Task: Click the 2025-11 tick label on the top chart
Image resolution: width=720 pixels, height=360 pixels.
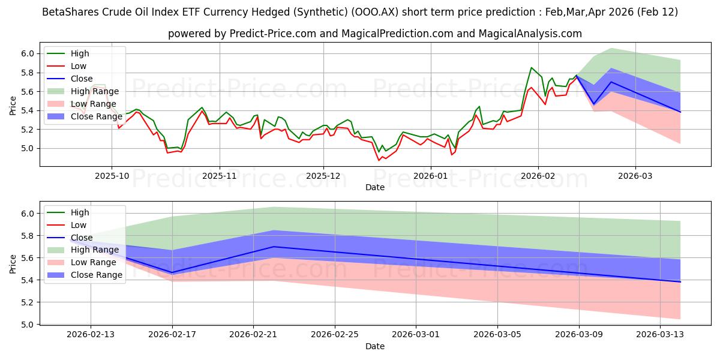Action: (x=220, y=176)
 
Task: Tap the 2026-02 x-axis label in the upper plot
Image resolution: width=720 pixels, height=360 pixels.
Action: (x=538, y=176)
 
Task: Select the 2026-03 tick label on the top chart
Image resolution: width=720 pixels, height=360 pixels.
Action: (x=635, y=176)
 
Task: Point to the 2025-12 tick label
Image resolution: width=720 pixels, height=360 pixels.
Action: (x=323, y=176)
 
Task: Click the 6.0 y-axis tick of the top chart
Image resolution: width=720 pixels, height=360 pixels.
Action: (x=28, y=53)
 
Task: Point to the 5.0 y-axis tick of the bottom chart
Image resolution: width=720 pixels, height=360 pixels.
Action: (x=28, y=325)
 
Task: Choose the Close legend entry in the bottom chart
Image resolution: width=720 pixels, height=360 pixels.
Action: (x=82, y=238)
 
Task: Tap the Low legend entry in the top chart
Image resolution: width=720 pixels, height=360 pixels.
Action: (x=79, y=66)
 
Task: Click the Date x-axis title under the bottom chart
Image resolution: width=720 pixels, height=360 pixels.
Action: (x=375, y=346)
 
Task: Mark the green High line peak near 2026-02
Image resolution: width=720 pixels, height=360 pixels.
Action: (x=531, y=67)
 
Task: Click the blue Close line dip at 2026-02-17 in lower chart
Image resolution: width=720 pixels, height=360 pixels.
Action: (x=172, y=273)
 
